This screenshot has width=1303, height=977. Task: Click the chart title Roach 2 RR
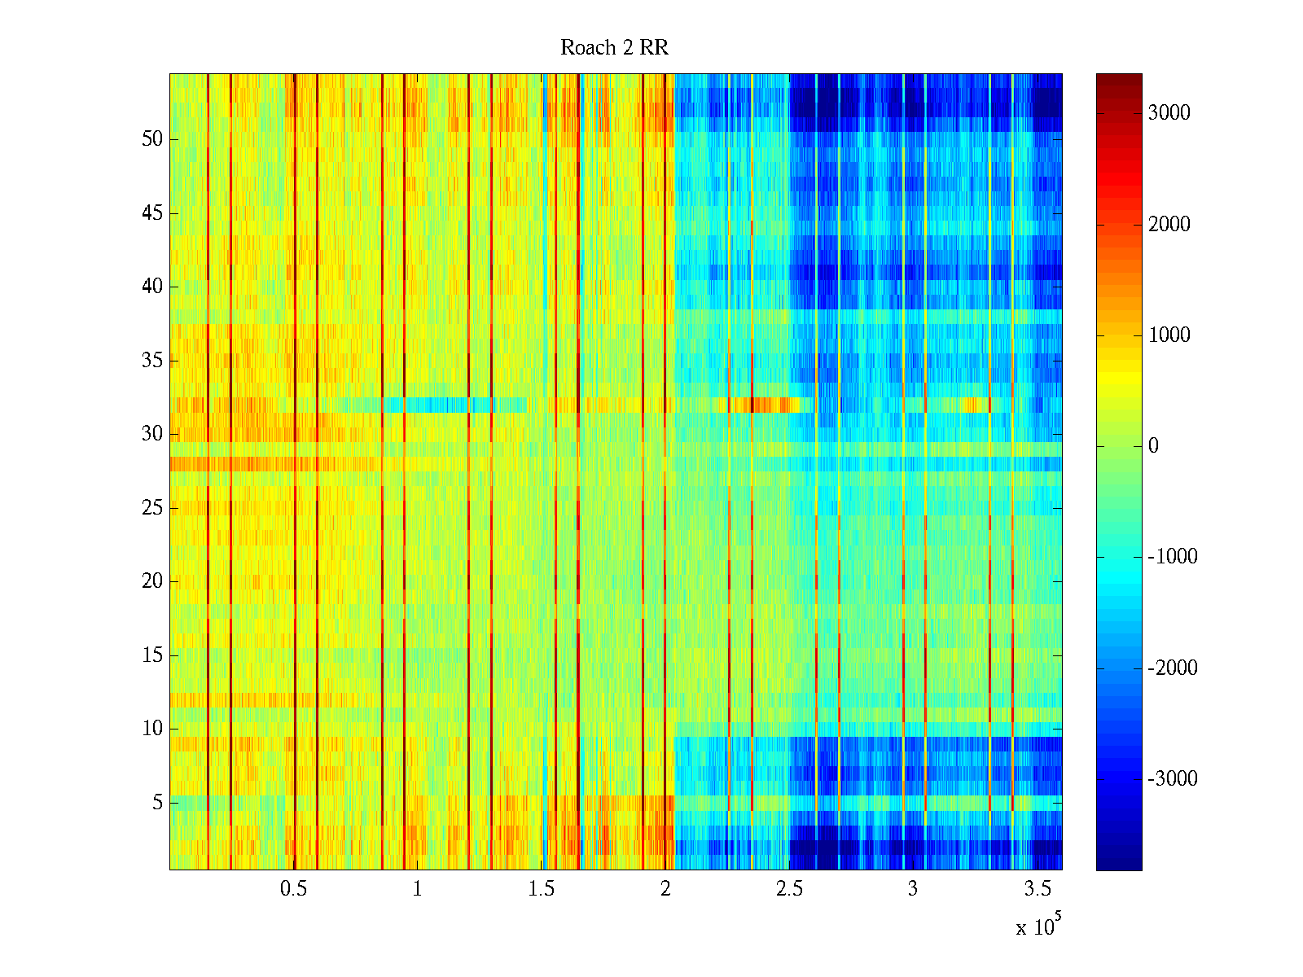(x=614, y=48)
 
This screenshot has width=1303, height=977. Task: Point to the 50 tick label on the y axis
(x=152, y=139)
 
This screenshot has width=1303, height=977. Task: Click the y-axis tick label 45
(x=152, y=213)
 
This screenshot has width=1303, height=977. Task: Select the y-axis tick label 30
(x=152, y=434)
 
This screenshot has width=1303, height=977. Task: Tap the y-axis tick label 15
(x=152, y=655)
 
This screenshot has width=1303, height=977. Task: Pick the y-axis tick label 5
(x=157, y=803)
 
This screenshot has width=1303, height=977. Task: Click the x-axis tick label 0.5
(x=293, y=889)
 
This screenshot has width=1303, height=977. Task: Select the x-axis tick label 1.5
(x=541, y=889)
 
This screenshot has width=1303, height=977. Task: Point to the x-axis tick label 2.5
(x=788, y=889)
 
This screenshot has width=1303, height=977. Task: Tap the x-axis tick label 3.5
(x=1037, y=889)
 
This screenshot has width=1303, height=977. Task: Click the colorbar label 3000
(x=1169, y=113)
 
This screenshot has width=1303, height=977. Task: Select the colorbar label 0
(x=1153, y=446)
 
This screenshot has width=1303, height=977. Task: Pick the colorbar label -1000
(x=1172, y=557)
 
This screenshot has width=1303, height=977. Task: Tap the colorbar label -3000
(x=1172, y=779)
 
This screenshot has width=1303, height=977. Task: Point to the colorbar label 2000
(x=1169, y=225)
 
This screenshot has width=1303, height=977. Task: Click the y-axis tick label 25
(x=152, y=508)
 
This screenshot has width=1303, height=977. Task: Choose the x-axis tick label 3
(x=913, y=889)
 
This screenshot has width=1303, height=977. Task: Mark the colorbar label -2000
(x=1172, y=668)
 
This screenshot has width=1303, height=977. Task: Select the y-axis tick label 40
(x=152, y=287)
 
